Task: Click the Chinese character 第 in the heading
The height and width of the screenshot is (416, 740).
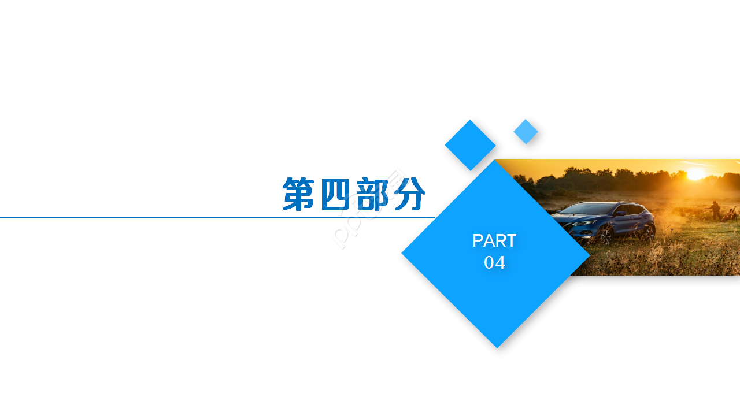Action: coord(299,194)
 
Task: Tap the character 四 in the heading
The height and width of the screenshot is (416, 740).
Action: coord(335,194)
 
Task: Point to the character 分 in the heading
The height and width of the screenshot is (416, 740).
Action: coord(409,194)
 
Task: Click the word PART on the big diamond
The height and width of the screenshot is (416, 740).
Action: coord(494,240)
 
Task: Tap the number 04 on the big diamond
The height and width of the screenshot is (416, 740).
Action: coord(494,263)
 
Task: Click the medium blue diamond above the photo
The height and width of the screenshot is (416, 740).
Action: coord(470,145)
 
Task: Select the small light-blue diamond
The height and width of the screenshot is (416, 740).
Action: coord(526,131)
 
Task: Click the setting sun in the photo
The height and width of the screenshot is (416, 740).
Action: coord(695,173)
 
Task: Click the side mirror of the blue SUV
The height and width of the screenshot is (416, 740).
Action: coord(620,213)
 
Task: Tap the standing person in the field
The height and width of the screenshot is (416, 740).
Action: coord(715,209)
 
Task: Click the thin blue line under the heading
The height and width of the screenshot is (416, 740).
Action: coord(173,218)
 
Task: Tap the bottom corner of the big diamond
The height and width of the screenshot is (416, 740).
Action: coord(497,345)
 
